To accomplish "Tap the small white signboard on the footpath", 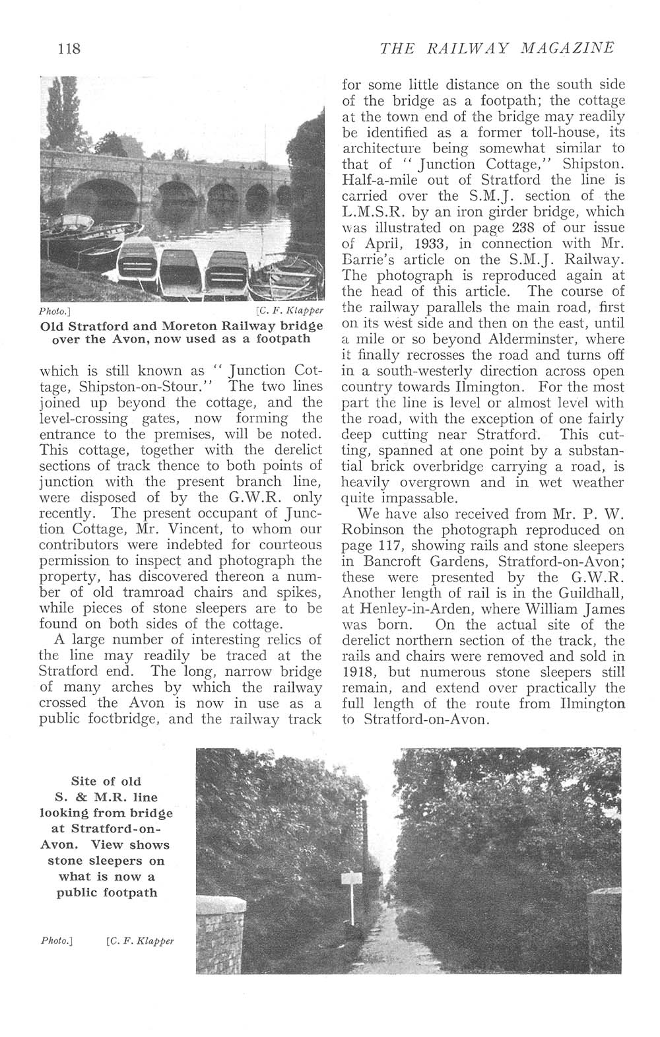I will [x=350, y=879].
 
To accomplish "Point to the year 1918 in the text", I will [x=359, y=673].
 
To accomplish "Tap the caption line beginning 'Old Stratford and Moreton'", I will [x=181, y=326].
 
